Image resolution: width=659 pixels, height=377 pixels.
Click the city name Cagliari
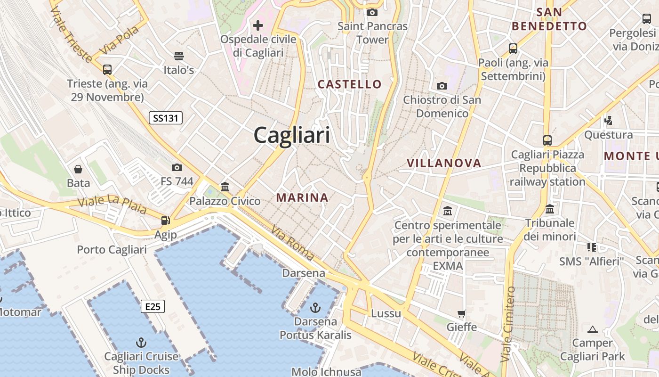[x=292, y=136]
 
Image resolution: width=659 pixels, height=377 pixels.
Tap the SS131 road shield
[x=166, y=118]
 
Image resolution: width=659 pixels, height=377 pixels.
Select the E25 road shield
[x=153, y=307]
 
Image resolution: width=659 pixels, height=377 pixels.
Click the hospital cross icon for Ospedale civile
[x=258, y=25]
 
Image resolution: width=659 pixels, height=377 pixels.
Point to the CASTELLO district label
[x=350, y=84]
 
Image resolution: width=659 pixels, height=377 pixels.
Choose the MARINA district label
[x=302, y=197]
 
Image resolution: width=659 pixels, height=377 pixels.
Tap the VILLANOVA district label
[x=444, y=163]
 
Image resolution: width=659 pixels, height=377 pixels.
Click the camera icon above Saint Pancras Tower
[x=372, y=12]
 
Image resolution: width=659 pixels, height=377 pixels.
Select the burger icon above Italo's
[x=178, y=56]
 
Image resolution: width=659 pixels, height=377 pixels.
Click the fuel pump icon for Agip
[x=165, y=220]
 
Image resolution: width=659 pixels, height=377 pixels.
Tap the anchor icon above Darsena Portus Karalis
[x=315, y=308]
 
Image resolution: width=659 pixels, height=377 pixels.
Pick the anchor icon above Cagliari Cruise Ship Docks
[x=141, y=342]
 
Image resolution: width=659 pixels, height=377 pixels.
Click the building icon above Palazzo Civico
[x=225, y=187]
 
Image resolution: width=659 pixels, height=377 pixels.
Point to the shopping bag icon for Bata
[x=78, y=169]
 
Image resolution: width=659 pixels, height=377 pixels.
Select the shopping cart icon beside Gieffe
[x=462, y=313]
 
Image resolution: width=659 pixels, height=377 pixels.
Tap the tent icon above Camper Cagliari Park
[x=592, y=329]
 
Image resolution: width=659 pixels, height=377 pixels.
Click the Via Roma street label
[x=292, y=243]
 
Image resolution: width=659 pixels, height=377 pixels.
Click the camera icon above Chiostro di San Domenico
[x=442, y=86]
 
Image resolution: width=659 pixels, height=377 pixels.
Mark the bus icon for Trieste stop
[x=107, y=70]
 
